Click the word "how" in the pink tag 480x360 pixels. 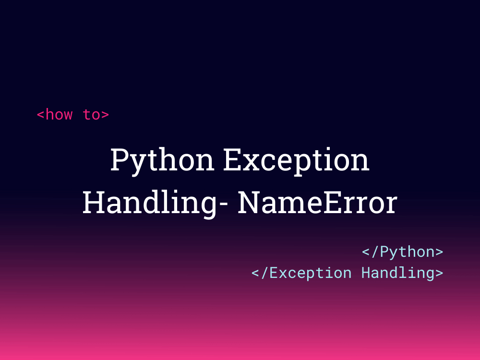[59, 115]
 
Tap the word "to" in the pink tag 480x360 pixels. [91, 115]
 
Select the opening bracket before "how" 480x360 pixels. [40, 115]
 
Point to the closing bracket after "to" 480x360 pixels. [105, 115]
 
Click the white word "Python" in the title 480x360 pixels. [162, 161]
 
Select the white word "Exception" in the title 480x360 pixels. [296, 161]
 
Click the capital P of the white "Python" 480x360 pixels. [120, 160]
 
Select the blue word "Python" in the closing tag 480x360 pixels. [407, 252]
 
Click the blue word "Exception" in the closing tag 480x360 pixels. [310, 273]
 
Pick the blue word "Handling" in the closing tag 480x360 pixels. [397, 273]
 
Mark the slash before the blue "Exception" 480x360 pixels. [264, 273]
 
